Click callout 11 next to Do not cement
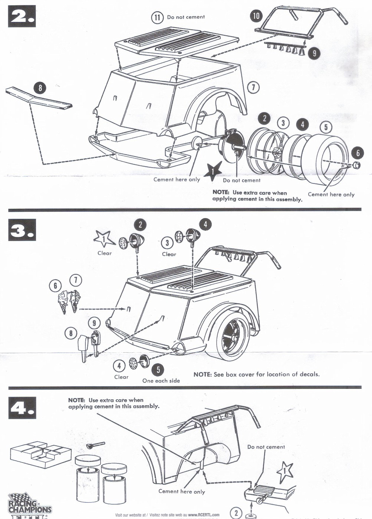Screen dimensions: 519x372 coord(157,17)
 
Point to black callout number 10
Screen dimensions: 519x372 coord(256,16)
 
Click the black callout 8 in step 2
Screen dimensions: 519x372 coord(40,88)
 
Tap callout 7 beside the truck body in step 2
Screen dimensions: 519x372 coord(253,87)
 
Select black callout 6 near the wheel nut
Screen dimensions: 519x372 coord(358,153)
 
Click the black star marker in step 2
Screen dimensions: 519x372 coord(213,171)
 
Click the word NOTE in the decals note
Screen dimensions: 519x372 coord(202,374)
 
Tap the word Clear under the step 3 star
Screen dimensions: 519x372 coord(104,253)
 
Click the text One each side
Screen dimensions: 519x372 coord(161,381)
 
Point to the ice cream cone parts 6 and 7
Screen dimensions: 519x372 coord(70,300)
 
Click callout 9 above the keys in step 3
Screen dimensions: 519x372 coord(94,323)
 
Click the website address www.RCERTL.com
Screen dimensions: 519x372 coord(204,515)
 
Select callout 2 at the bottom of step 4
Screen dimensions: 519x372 coord(236,513)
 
